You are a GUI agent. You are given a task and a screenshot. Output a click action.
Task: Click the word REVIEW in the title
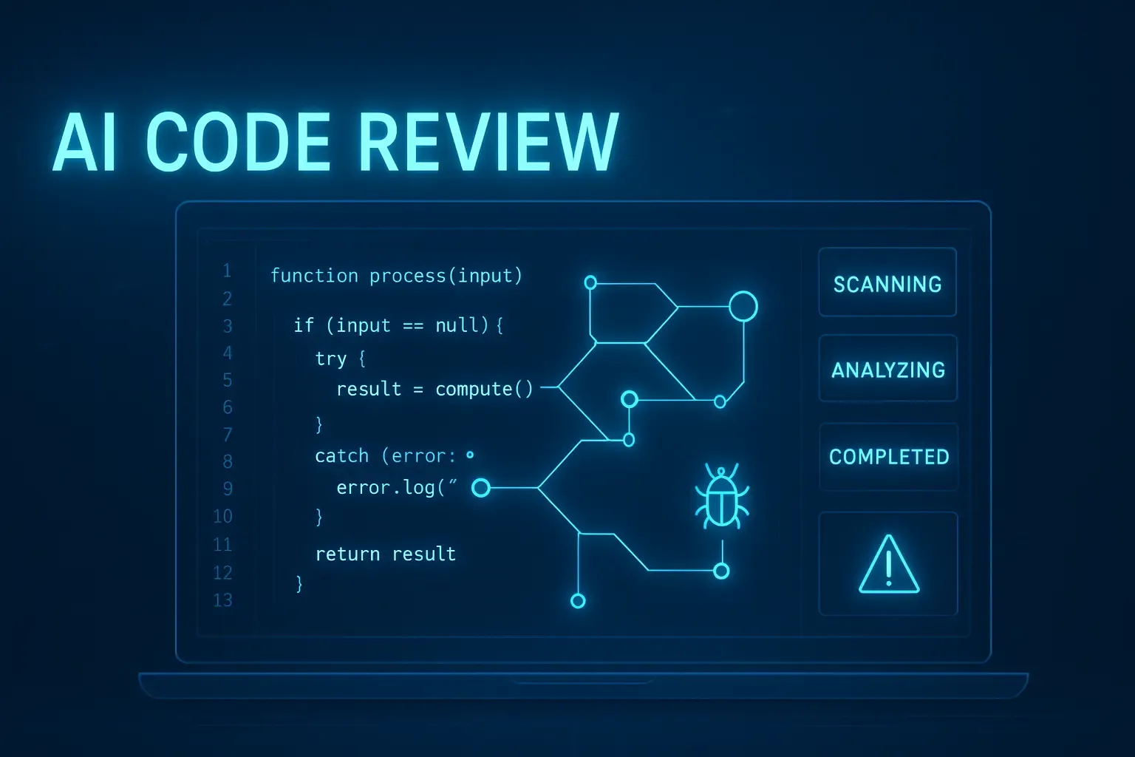[x=488, y=142]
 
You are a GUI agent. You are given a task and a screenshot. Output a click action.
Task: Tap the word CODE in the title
[x=238, y=142]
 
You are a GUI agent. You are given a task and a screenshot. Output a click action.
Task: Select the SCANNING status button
[x=887, y=283]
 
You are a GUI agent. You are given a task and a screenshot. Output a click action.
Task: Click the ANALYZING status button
[x=888, y=369]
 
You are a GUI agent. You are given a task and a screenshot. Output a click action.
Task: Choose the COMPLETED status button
[x=889, y=456]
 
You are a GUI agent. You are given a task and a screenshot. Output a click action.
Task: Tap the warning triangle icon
[x=889, y=565]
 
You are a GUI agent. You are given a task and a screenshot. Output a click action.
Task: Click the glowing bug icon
[x=722, y=497]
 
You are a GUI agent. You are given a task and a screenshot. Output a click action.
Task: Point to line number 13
[x=222, y=600]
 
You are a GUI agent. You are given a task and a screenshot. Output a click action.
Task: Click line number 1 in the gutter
[x=227, y=271]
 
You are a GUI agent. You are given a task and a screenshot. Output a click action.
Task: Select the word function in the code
[x=314, y=276]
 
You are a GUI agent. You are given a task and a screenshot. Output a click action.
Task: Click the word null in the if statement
[x=457, y=325]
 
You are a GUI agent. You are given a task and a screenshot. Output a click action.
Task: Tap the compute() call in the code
[x=483, y=389]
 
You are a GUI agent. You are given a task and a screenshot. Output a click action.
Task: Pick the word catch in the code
[x=341, y=456]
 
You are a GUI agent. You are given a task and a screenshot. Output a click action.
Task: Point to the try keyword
[x=330, y=359]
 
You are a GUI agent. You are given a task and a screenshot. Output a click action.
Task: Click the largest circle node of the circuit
[x=743, y=306]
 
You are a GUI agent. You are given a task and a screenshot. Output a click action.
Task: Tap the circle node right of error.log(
[x=481, y=487]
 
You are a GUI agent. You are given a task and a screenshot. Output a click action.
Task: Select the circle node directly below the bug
[x=722, y=571]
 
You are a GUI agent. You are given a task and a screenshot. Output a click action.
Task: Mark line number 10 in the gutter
[x=222, y=516]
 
